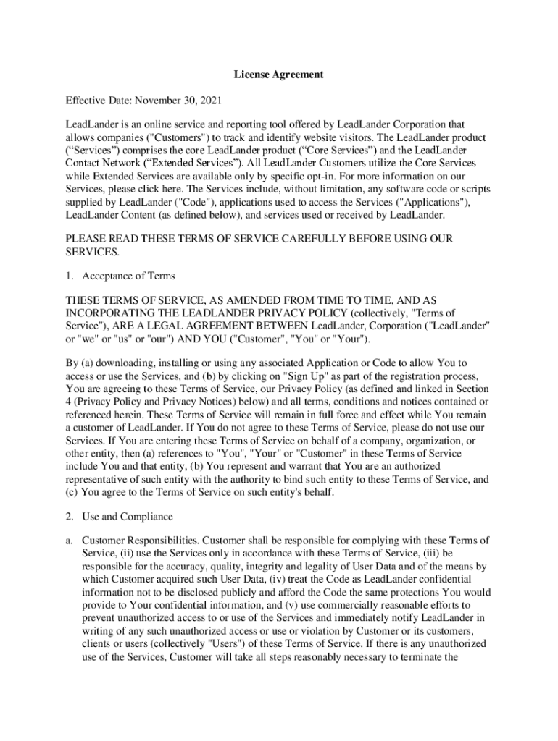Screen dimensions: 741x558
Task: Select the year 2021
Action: [210, 99]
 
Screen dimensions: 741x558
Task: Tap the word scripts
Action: [467, 189]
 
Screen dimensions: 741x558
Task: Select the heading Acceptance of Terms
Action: [128, 276]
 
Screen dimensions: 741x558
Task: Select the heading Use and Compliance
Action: [128, 516]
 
